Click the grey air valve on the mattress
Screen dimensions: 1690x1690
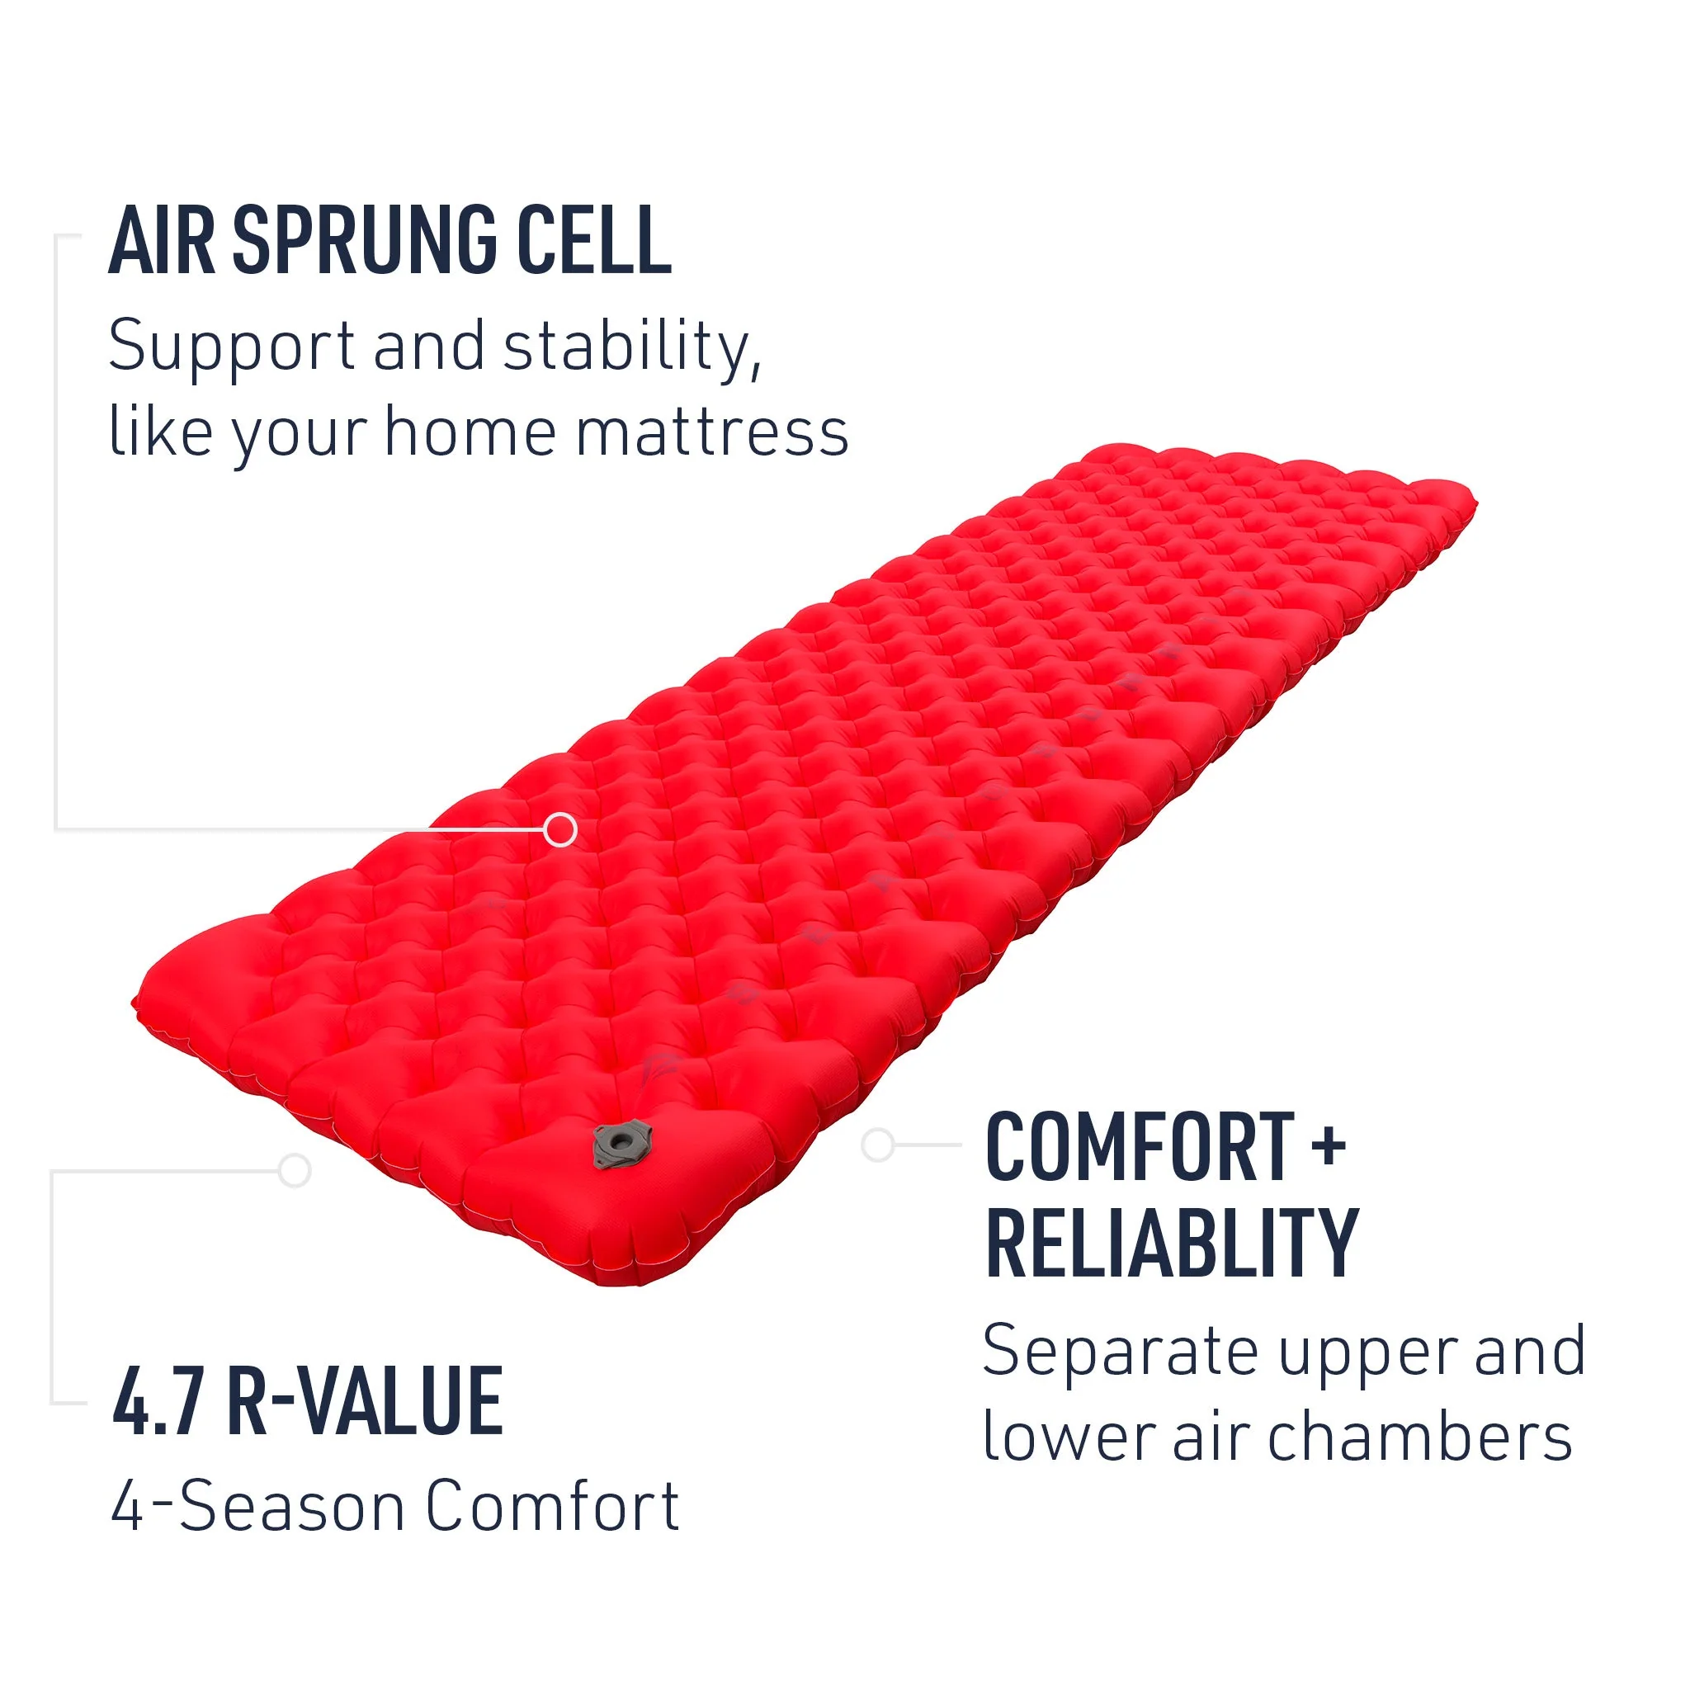pyautogui.click(x=622, y=1143)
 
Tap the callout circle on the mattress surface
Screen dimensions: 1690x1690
pyautogui.click(x=559, y=828)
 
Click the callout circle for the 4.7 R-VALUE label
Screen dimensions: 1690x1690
pyautogui.click(x=295, y=1169)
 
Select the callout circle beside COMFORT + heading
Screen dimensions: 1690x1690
pyautogui.click(x=877, y=1145)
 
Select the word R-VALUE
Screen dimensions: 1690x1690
pyautogui.click(x=365, y=1402)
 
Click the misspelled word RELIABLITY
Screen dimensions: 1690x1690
pyautogui.click(x=1171, y=1243)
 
